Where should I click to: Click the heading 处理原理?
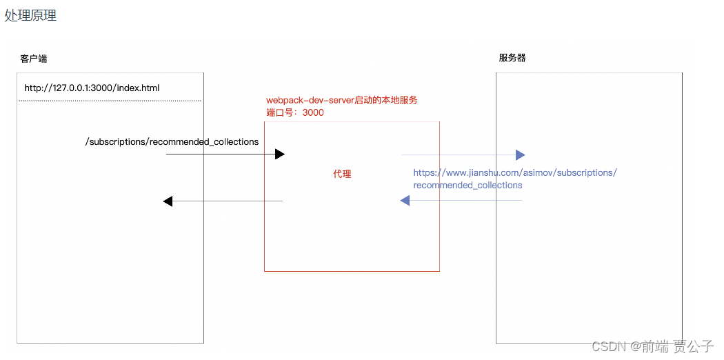30,15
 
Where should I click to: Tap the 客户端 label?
34,59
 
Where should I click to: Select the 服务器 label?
512,58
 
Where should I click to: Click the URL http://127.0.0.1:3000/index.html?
92,88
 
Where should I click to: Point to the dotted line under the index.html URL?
110,101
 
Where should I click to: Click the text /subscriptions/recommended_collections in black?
172,142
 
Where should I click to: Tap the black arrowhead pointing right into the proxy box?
279,154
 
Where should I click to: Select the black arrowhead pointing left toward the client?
168,201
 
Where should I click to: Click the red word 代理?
342,174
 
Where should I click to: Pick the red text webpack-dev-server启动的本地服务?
341,100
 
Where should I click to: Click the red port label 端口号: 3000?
294,112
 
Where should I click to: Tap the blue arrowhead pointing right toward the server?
520,155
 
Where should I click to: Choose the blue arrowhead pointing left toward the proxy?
405,201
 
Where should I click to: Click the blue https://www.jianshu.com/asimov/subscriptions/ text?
514,172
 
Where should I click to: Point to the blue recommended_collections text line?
467,185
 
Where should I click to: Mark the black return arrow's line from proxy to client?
228,201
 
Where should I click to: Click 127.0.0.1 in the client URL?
70,88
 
